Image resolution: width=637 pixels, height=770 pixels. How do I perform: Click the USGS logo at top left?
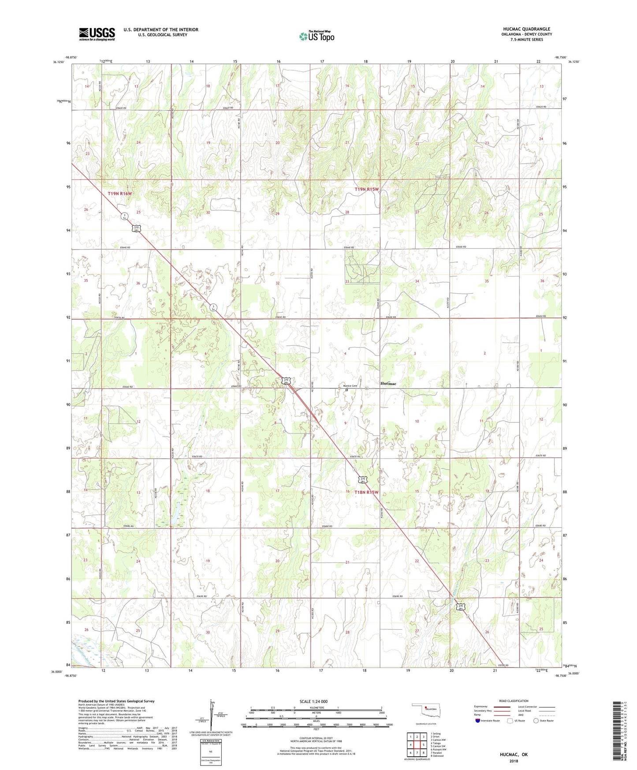click(97, 34)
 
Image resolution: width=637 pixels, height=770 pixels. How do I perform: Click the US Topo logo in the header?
click(317, 36)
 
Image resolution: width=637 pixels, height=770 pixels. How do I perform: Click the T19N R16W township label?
click(120, 194)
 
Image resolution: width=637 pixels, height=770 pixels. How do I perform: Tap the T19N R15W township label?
click(367, 189)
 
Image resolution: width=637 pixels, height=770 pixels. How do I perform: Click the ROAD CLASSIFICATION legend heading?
click(514, 701)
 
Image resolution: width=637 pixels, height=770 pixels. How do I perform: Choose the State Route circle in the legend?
click(536, 721)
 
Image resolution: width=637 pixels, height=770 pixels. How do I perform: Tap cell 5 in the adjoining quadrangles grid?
click(423, 745)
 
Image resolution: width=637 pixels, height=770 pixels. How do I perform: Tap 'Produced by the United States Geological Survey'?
click(116, 701)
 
